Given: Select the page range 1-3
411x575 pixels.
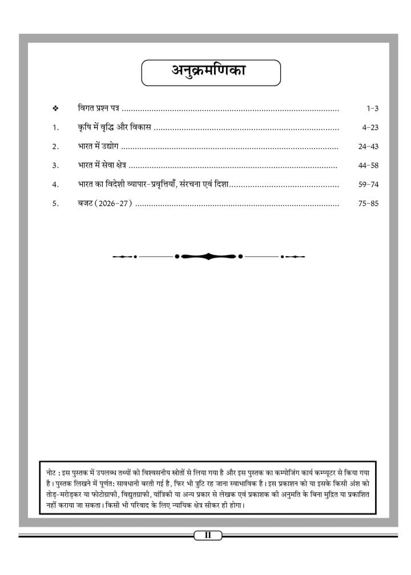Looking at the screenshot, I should click(372, 108).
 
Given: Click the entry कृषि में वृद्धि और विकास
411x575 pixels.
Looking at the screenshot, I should click(114, 127).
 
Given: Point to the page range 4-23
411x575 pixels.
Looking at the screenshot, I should click(370, 128).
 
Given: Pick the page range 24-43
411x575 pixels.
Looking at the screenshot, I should click(368, 147).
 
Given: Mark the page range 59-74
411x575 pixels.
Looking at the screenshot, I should click(368, 185).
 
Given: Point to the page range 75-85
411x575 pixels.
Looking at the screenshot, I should click(368, 204).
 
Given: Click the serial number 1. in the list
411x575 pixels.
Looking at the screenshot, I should click(55, 128).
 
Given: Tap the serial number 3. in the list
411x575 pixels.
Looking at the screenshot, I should click(55, 166).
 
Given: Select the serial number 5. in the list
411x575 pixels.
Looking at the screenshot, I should click(55, 204).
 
